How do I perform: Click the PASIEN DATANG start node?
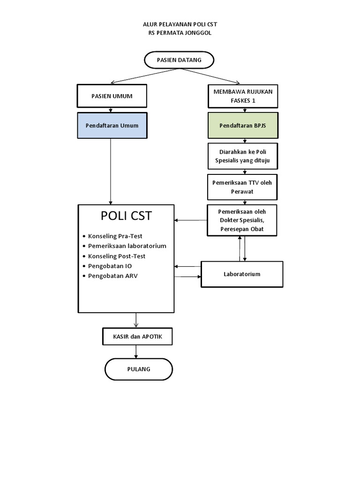click(x=179, y=60)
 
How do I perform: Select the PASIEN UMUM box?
click(x=112, y=96)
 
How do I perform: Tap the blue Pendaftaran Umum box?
click(x=112, y=126)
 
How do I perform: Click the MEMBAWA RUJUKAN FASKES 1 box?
click(x=243, y=96)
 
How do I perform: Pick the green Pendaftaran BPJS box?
click(x=243, y=126)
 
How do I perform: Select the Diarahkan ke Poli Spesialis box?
click(x=243, y=157)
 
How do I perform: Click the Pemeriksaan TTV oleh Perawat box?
click(x=243, y=187)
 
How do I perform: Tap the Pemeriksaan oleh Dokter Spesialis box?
click(x=243, y=220)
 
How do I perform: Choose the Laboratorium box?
click(x=242, y=274)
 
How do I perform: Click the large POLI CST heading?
click(x=126, y=216)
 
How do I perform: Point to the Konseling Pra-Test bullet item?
click(x=115, y=236)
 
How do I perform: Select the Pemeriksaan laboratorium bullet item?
click(x=127, y=246)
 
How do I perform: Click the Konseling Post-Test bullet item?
click(x=116, y=256)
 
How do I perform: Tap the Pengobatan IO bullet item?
click(x=110, y=266)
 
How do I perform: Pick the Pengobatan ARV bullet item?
click(x=112, y=276)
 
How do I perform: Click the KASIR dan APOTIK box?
click(x=136, y=336)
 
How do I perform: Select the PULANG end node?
click(x=139, y=369)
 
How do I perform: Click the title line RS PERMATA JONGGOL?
click(x=180, y=33)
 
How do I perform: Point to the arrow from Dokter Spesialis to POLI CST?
click(x=191, y=220)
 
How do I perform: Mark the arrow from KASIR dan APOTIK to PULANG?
click(x=136, y=352)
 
